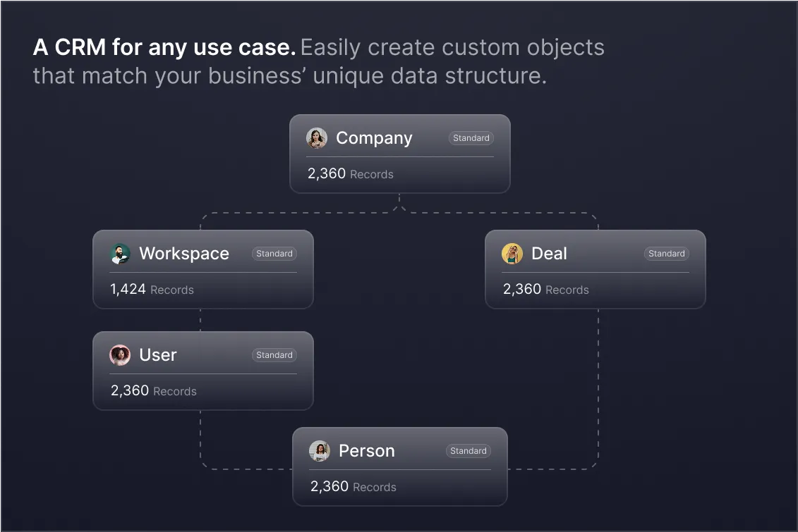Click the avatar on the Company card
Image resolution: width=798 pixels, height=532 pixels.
(317, 138)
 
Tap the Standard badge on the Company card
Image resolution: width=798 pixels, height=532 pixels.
(471, 138)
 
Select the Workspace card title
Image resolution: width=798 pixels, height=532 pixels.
(184, 254)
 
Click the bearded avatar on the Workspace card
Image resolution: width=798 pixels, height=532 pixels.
(121, 254)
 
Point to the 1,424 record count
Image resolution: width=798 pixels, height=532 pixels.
(128, 290)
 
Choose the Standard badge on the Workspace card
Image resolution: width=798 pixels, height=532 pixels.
(274, 254)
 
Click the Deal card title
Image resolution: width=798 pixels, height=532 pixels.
(549, 254)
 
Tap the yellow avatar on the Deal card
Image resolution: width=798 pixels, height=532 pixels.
(512, 254)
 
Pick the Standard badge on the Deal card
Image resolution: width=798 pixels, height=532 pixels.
(667, 254)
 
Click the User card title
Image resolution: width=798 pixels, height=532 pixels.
(158, 355)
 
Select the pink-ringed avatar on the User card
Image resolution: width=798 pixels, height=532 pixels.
(121, 355)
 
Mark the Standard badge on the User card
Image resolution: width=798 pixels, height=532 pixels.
(274, 355)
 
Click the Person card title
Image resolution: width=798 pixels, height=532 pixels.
(367, 451)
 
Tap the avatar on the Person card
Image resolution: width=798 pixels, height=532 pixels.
(320, 451)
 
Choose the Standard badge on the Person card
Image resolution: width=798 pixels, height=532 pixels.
(468, 451)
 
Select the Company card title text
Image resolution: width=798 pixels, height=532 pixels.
(374, 138)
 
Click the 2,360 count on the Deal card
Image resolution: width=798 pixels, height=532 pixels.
(522, 290)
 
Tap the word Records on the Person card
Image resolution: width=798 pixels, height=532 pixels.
(375, 487)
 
